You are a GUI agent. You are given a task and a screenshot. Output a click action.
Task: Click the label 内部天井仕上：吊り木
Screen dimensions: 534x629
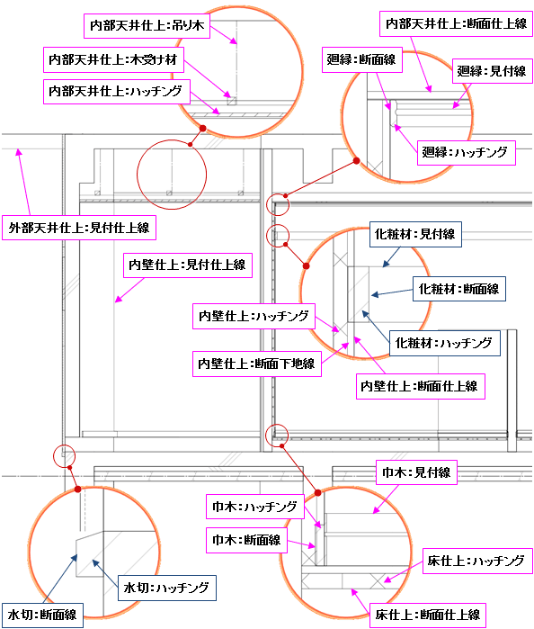click(147, 26)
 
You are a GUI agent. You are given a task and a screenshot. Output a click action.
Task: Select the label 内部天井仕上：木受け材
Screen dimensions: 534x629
click(113, 59)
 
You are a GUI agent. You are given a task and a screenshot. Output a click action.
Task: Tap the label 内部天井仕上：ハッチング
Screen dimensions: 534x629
click(117, 92)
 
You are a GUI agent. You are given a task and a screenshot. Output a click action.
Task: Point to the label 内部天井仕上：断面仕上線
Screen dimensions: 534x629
click(456, 24)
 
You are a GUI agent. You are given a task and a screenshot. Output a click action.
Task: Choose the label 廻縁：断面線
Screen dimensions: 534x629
click(362, 60)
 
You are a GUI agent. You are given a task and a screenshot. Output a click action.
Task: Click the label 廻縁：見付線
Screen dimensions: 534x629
click(493, 71)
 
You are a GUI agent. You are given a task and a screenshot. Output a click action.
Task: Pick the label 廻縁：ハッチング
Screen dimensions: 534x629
click(466, 153)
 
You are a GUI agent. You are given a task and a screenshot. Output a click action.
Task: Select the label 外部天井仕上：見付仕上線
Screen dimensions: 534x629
click(79, 228)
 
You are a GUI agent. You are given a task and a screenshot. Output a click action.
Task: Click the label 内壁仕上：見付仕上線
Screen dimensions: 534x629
click(188, 265)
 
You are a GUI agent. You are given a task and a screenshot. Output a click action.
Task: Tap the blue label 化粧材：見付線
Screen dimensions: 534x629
click(415, 234)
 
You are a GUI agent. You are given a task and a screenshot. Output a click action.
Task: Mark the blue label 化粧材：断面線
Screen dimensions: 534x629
click(459, 289)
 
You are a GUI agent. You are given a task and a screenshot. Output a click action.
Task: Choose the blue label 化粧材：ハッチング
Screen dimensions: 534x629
click(445, 344)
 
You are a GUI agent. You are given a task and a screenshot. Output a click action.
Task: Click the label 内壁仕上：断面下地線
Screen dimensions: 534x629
click(257, 364)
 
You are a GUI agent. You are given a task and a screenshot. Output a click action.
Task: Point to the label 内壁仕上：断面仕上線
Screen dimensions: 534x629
click(421, 386)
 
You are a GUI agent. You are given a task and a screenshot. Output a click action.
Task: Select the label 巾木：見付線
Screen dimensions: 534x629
click(416, 472)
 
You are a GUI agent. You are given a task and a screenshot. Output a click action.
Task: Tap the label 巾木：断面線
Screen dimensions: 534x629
click(246, 540)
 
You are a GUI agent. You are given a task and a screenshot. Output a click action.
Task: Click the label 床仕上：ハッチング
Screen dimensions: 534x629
click(477, 561)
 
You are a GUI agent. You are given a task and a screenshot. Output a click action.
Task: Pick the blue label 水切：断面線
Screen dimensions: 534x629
click(42, 615)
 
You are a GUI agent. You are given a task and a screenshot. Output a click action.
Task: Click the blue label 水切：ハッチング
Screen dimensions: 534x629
click(167, 589)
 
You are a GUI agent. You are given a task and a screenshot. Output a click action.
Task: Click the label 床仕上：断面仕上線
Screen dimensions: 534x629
click(428, 615)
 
